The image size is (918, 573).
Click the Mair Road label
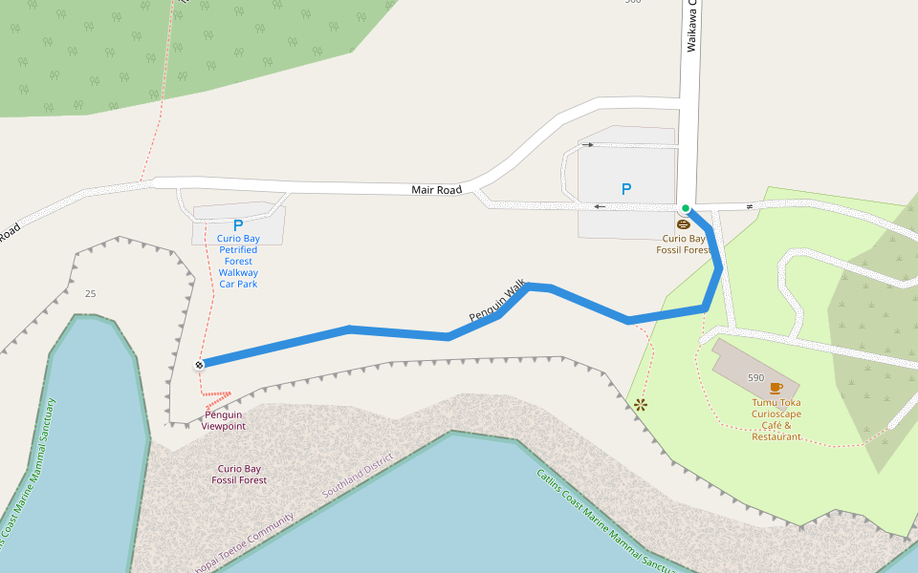tap(436, 190)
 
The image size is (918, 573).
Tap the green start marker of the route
tap(686, 208)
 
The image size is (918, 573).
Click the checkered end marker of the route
tap(199, 364)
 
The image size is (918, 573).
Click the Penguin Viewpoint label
tap(224, 421)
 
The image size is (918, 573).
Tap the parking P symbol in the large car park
tap(626, 189)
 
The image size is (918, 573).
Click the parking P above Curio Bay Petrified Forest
tap(238, 225)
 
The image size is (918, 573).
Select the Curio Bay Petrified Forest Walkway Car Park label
tap(238, 261)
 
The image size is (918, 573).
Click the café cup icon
tap(776, 388)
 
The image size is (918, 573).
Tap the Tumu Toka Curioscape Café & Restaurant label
tap(776, 419)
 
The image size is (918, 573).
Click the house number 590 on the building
tap(755, 378)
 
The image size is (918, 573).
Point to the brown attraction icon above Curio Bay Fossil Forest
tap(683, 224)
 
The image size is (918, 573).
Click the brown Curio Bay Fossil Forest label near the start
tap(683, 244)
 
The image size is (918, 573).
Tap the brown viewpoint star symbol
tap(640, 405)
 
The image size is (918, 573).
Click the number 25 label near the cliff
tap(91, 293)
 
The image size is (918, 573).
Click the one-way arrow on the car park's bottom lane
tap(600, 206)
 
